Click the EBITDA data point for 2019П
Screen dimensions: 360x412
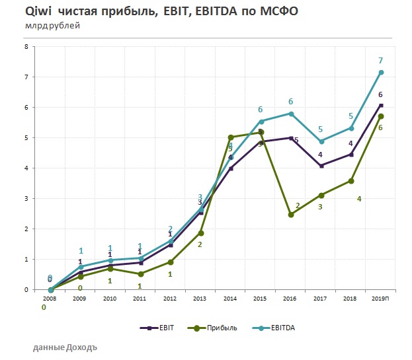(381, 72)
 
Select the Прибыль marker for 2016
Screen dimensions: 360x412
(291, 214)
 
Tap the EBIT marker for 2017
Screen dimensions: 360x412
(321, 166)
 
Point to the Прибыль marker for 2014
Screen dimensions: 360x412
(231, 137)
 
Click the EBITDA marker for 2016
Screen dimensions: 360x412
(291, 114)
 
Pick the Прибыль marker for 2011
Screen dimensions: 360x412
(140, 273)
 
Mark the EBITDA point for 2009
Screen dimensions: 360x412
(81, 267)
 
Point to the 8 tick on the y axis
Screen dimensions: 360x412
(26, 47)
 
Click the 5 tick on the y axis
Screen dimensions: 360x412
(26, 138)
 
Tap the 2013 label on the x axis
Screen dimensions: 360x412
(200, 299)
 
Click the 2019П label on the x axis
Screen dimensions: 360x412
(381, 299)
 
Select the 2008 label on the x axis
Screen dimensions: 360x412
(50, 299)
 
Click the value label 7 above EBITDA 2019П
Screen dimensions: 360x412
(381, 61)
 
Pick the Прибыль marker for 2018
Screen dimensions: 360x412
(351, 181)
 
